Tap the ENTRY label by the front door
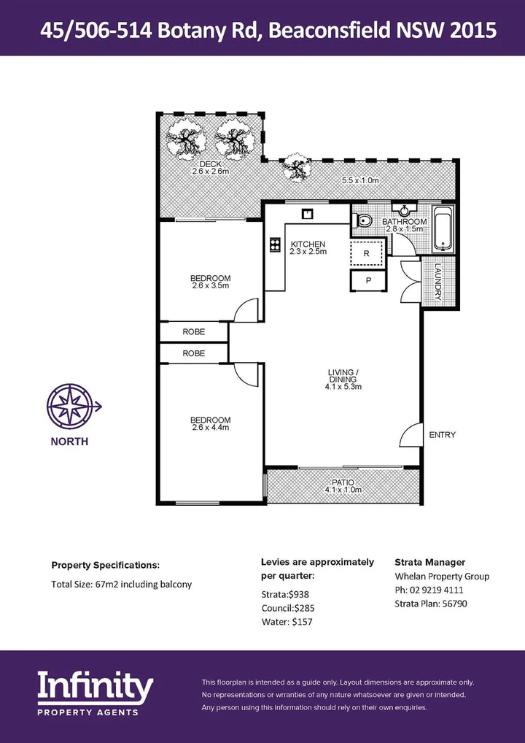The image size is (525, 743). click(x=442, y=435)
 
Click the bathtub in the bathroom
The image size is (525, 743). click(x=443, y=230)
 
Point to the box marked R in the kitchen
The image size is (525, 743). click(x=367, y=253)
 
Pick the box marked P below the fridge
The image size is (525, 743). click(x=367, y=280)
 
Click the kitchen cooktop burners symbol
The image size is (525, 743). click(x=276, y=245)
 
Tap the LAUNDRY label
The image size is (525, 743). click(x=438, y=282)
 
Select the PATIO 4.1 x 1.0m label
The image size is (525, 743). click(x=343, y=486)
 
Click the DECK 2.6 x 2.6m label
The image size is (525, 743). click(x=211, y=168)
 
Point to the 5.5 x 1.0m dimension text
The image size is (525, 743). click(x=361, y=180)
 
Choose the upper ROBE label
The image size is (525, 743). click(x=193, y=331)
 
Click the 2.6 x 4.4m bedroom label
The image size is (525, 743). click(x=210, y=424)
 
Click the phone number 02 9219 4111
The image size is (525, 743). click(x=429, y=590)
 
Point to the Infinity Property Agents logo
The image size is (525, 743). click(x=96, y=693)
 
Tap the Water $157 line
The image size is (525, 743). click(x=287, y=622)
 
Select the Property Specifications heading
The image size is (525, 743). click(x=105, y=565)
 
